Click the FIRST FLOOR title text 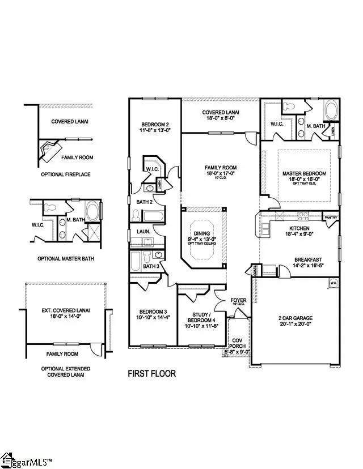[151, 373]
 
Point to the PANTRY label [331, 217]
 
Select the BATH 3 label [150, 266]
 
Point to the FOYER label [238, 301]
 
